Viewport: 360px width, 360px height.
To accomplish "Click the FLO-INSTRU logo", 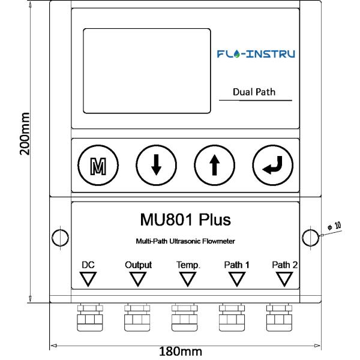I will pyautogui.click(x=256, y=54).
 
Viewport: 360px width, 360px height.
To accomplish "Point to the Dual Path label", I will pyautogui.click(x=254, y=92).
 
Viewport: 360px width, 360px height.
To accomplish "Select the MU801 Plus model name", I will pyautogui.click(x=184, y=219).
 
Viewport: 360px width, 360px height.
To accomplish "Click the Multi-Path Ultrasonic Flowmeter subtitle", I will pyautogui.click(x=184, y=241).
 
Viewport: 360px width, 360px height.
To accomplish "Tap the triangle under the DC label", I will pyautogui.click(x=89, y=279).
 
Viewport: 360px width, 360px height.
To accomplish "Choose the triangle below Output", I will pyautogui.click(x=138, y=279).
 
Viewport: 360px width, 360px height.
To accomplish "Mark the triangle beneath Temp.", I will pyautogui.click(x=188, y=279).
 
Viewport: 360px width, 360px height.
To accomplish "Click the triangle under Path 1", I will pyautogui.click(x=236, y=279).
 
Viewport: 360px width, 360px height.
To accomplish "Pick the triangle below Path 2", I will pyautogui.click(x=284, y=279).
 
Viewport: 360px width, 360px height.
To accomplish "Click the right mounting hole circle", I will pyautogui.click(x=310, y=238).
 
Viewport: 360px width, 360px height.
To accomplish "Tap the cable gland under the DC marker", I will pyautogui.click(x=89, y=318).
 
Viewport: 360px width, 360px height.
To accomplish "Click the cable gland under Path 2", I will pyautogui.click(x=278, y=318).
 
